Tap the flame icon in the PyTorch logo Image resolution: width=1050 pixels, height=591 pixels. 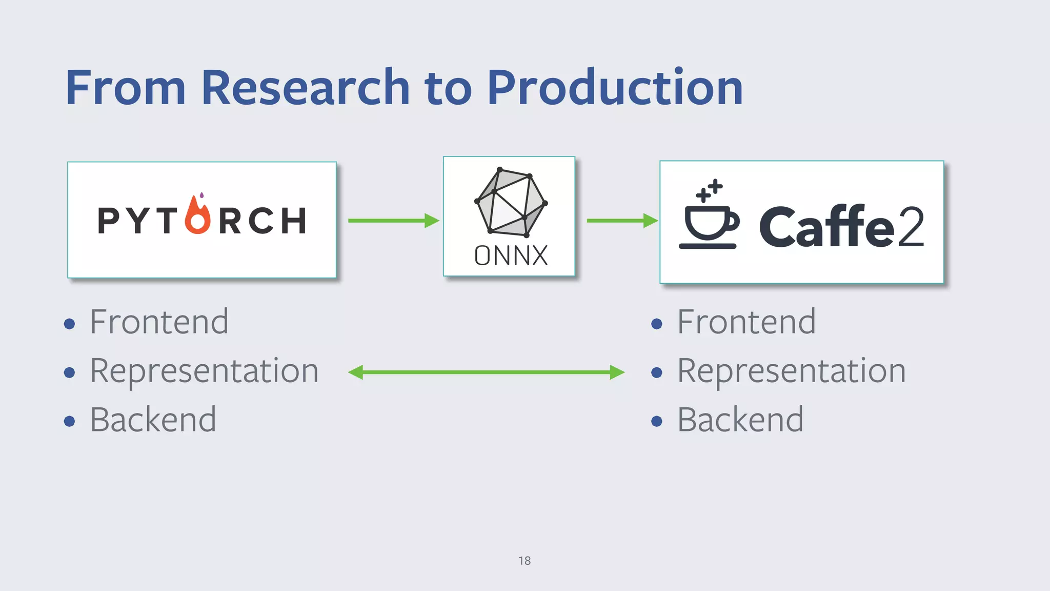coord(198,215)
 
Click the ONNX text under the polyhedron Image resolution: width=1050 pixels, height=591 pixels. coord(511,255)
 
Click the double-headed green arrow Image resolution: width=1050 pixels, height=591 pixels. coord(486,372)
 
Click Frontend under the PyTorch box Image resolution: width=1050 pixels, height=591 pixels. coord(159,322)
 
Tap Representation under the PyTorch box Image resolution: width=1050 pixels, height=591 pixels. coord(204,371)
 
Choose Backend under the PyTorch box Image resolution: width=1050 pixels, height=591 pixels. coord(153,420)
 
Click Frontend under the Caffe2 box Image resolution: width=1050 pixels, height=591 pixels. coord(746,322)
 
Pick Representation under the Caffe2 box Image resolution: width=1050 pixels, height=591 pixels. coord(791,371)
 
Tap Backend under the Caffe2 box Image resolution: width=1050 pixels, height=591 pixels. coord(740,420)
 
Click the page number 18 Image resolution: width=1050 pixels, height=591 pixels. coord(524,561)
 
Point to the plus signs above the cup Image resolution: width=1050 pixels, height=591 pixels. coord(710,190)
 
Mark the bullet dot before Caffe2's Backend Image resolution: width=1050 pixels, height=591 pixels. coord(657,422)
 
